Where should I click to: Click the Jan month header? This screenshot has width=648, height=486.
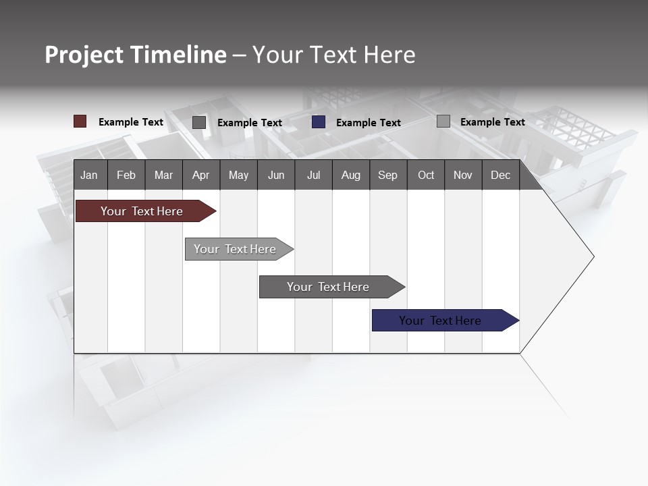(90, 175)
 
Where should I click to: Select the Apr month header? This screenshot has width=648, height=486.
(201, 175)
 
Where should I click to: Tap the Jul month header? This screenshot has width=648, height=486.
(314, 175)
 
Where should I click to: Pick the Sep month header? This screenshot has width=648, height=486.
(388, 175)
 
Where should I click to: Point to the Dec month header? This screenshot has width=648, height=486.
(501, 175)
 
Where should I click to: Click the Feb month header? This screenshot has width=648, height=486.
(126, 175)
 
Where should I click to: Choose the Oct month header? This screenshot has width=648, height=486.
(426, 175)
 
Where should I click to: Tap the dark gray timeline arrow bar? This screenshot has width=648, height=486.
(329, 287)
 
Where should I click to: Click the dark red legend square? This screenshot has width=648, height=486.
(80, 122)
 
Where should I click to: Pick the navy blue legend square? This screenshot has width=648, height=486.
(319, 122)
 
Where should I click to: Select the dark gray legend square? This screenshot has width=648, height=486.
(199, 122)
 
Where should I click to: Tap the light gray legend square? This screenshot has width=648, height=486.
(443, 122)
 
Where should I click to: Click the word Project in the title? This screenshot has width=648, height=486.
(84, 55)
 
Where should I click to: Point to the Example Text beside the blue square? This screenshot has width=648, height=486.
(369, 122)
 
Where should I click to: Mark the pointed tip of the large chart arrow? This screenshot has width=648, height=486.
(593, 256)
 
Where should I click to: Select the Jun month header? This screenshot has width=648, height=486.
(276, 175)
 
